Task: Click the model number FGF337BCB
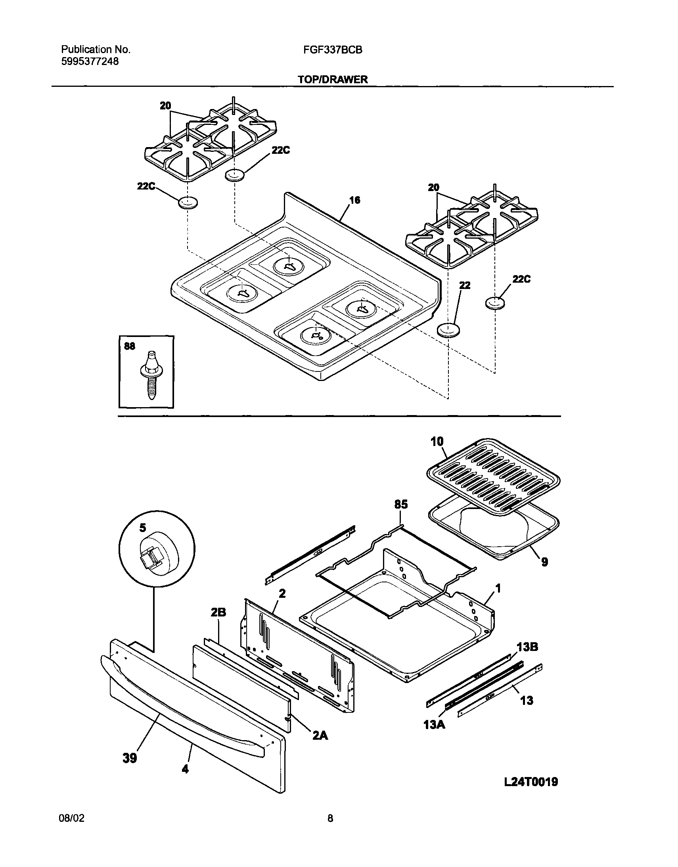pyautogui.click(x=333, y=50)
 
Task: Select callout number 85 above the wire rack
pyautogui.click(x=401, y=505)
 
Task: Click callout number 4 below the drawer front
pyautogui.click(x=185, y=769)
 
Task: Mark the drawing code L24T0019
pyautogui.click(x=531, y=782)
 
